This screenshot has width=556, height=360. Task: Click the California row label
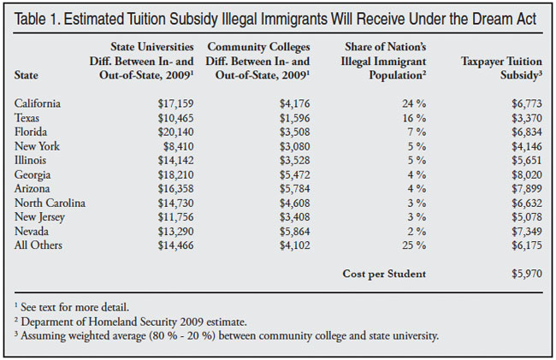36,103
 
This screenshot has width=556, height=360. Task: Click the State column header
27,75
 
